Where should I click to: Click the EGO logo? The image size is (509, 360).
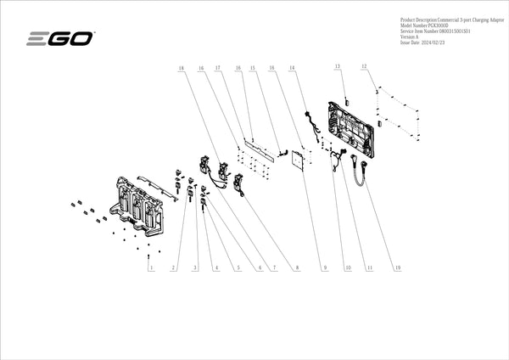click(61, 38)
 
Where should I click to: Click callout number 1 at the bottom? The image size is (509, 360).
click(150, 268)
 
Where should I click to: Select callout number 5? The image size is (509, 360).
click(238, 268)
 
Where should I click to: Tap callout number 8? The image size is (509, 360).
click(297, 268)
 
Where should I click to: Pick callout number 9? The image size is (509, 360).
click(324, 268)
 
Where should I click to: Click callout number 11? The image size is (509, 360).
click(370, 268)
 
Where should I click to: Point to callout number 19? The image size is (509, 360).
click(396, 268)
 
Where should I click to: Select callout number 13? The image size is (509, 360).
click(337, 66)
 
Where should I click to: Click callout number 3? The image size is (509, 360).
click(194, 268)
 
